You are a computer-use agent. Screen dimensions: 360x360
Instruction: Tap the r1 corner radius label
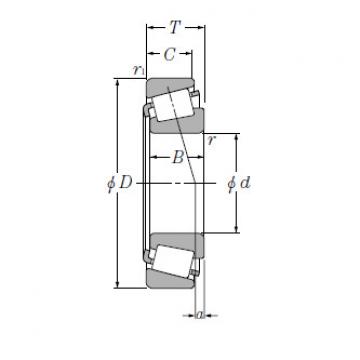pyautogui.click(x=137, y=71)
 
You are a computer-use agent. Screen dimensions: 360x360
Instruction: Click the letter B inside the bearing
pyautogui.click(x=177, y=157)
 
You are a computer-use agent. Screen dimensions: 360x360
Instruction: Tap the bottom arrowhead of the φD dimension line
pyautogui.click(x=118, y=288)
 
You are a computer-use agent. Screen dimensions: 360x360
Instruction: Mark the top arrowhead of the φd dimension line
pyautogui.click(x=237, y=134)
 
